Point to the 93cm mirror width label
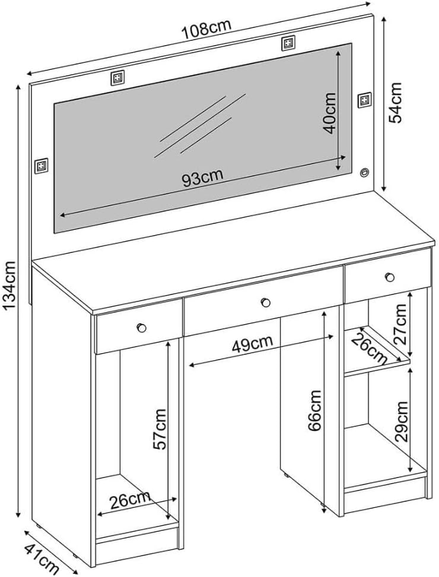tap(203, 178)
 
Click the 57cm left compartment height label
tap(160, 428)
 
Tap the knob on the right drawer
tap(389, 276)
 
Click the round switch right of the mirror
tap(364, 173)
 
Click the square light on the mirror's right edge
tap(364, 101)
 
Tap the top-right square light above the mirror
tap(288, 43)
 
